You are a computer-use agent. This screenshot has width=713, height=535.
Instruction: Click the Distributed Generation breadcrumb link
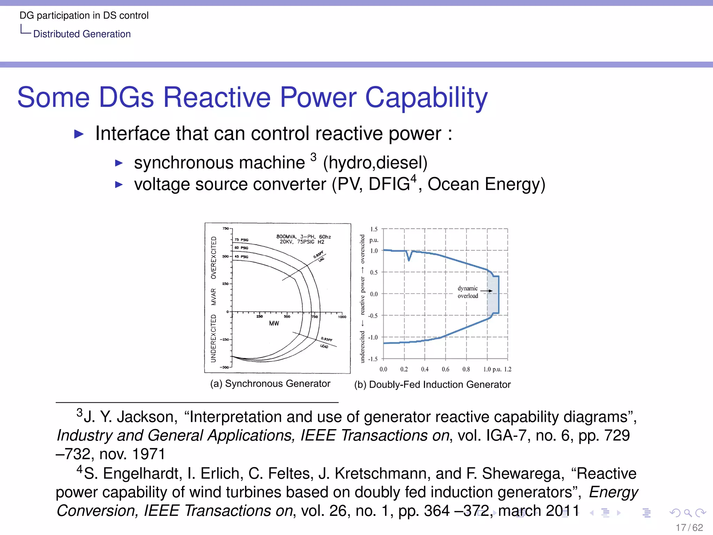click(x=82, y=34)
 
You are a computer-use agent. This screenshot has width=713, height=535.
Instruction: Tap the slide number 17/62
click(x=689, y=527)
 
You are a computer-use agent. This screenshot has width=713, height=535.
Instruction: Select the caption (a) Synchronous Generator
click(x=270, y=383)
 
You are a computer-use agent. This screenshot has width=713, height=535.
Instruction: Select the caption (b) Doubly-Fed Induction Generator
click(x=432, y=385)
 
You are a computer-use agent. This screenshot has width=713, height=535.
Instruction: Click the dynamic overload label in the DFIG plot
click(x=468, y=292)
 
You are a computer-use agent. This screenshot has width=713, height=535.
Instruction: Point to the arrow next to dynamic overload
click(x=487, y=290)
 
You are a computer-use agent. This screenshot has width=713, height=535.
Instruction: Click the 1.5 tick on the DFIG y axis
click(x=374, y=229)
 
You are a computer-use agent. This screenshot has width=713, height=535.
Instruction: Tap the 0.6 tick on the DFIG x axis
click(x=445, y=369)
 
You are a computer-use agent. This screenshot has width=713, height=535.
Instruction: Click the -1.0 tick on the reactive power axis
click(x=373, y=337)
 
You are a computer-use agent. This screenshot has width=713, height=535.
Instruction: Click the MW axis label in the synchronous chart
click(x=274, y=323)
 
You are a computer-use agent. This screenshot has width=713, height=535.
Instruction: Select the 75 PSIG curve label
click(x=241, y=240)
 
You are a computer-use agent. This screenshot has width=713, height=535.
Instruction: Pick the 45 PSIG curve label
click(x=241, y=257)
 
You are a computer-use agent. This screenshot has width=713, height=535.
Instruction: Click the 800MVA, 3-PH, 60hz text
click(x=303, y=237)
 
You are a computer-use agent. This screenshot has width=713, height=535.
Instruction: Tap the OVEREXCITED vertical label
click(x=213, y=257)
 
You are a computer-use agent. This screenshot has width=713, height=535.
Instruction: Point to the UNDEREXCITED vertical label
click(x=213, y=338)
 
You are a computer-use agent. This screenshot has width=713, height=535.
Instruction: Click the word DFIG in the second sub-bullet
click(x=389, y=184)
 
